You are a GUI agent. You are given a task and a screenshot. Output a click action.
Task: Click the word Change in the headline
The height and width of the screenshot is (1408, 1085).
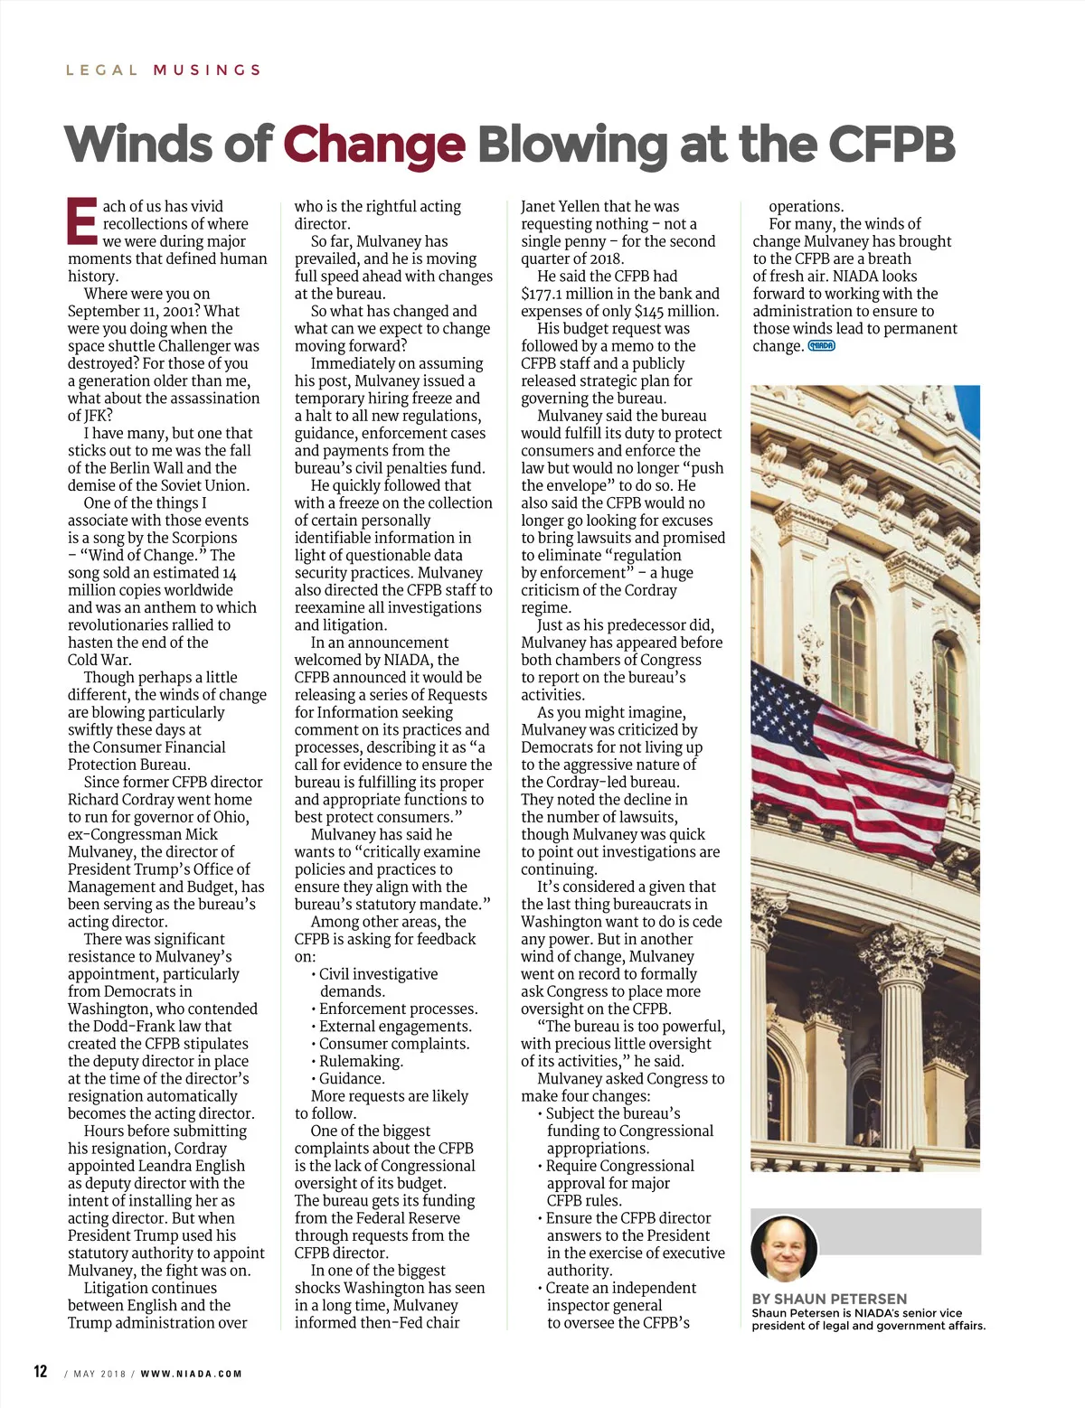pos(374,145)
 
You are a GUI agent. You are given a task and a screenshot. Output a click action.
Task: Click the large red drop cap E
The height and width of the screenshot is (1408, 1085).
pos(81,221)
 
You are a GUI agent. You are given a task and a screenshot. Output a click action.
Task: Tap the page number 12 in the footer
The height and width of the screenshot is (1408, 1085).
pos(41,1372)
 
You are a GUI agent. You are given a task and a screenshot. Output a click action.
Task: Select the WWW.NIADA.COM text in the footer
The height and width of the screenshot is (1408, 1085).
pos(191,1374)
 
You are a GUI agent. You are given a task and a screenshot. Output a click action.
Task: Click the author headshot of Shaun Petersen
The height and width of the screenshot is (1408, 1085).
pos(783,1248)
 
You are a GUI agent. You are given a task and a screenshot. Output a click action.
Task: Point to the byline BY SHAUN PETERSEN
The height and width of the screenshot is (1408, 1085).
pos(829,1299)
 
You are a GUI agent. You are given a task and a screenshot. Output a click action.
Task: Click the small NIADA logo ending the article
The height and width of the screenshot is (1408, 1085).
pos(821,346)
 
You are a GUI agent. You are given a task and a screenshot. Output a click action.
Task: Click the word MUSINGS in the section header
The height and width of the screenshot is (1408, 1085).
pos(207,70)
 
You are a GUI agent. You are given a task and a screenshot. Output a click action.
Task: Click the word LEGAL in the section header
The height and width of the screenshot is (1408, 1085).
pos(102,70)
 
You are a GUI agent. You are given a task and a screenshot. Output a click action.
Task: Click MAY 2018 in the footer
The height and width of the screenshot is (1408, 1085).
pos(99,1374)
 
